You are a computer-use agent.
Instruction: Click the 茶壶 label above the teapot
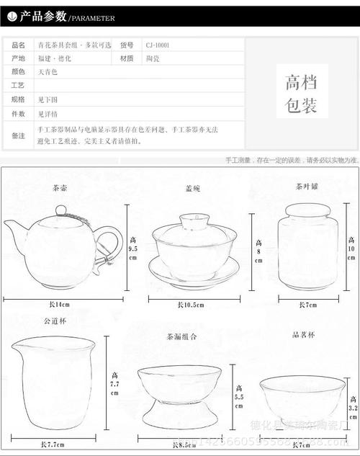click(60, 189)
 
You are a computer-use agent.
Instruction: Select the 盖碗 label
click(193, 189)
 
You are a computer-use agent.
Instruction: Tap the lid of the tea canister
click(308, 210)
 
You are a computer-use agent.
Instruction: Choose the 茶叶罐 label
click(307, 186)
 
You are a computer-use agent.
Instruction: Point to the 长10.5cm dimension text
click(191, 305)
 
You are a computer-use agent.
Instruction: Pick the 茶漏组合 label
click(183, 336)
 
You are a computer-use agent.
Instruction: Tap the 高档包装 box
click(301, 93)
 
